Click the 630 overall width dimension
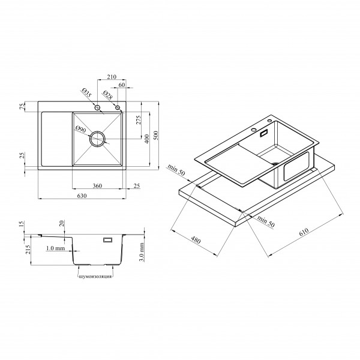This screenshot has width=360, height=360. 82,196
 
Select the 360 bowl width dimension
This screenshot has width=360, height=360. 97,186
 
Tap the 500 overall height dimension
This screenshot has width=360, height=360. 155,136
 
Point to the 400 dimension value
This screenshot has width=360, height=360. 147,139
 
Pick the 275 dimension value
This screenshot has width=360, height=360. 139,120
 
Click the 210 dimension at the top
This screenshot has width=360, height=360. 112,77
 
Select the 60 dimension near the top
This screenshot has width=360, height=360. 122,85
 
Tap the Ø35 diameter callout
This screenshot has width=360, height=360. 86,92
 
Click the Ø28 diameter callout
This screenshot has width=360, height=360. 107,95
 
